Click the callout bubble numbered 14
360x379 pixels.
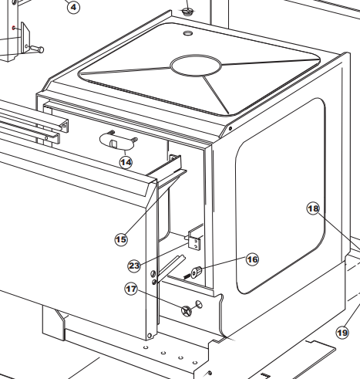[x=126, y=162]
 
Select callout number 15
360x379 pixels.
[x=121, y=239]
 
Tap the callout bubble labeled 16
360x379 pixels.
[x=252, y=259]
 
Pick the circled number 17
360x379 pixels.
[x=131, y=289]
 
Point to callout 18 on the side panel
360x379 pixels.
[x=313, y=208]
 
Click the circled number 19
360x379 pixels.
[x=342, y=333]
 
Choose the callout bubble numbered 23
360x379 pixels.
[x=134, y=266]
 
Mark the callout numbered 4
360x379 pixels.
[x=73, y=7]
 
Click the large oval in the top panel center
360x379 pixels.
[x=196, y=66]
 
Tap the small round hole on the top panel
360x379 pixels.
[x=188, y=33]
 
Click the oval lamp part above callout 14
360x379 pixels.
[x=117, y=141]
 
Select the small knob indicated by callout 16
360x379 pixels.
[x=197, y=272]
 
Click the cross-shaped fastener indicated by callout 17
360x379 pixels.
[x=187, y=311]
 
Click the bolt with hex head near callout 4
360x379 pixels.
[x=37, y=49]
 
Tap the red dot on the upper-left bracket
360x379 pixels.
[x=14, y=28]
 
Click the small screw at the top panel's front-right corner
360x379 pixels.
[x=230, y=128]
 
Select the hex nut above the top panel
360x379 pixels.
[x=187, y=12]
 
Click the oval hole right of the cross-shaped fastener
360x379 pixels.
[x=199, y=304]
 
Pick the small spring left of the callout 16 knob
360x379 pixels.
[x=187, y=276]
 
